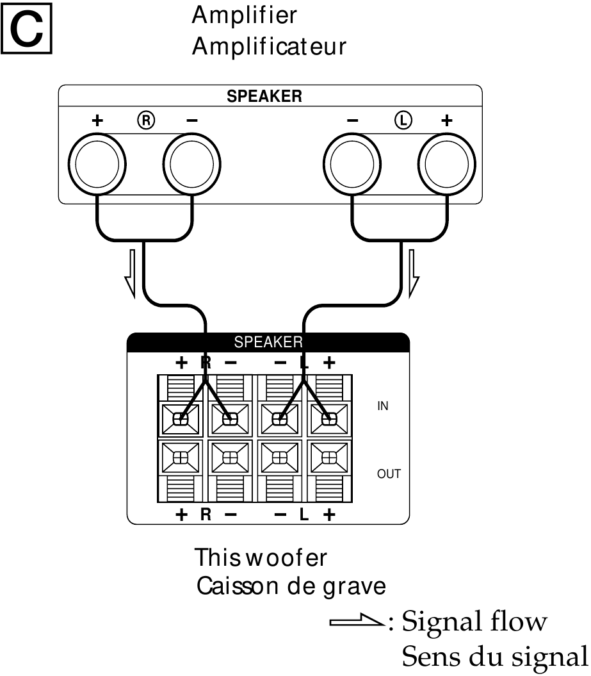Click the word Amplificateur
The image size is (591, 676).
coord(269,47)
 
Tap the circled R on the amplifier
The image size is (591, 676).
coord(145,119)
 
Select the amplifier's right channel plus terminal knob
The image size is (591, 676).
coord(97,163)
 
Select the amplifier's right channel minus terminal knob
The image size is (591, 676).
coord(193,163)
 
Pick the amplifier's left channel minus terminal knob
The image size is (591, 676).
coord(353,163)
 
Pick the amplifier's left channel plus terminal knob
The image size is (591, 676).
coord(448,163)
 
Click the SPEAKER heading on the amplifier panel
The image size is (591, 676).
coord(264,97)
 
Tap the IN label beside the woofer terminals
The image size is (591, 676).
coord(382,406)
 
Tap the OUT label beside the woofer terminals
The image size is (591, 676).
coord(389,475)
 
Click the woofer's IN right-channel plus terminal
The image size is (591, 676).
coord(181,419)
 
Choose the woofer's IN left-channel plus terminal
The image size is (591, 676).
coord(328,419)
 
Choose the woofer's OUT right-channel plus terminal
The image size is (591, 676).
coord(181,458)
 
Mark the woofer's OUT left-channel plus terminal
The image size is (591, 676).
coord(328,458)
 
